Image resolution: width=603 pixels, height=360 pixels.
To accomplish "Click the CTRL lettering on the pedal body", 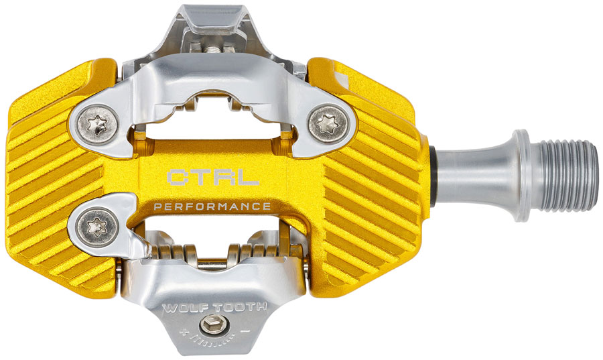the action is click(212, 177).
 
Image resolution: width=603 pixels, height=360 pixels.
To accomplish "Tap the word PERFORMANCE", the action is click(212, 206).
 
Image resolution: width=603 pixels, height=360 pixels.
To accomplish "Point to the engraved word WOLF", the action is click(185, 308).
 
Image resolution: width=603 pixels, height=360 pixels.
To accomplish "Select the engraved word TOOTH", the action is click(240, 307).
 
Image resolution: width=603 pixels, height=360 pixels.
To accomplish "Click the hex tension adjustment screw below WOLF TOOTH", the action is click(212, 325).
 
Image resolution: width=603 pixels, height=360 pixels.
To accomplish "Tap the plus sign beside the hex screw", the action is click(184, 331).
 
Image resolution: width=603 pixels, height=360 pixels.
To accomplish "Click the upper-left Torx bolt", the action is click(97, 124).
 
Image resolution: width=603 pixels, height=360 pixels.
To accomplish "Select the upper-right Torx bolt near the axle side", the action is click(329, 124).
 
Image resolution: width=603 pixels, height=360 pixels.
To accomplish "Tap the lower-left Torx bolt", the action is click(97, 227).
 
